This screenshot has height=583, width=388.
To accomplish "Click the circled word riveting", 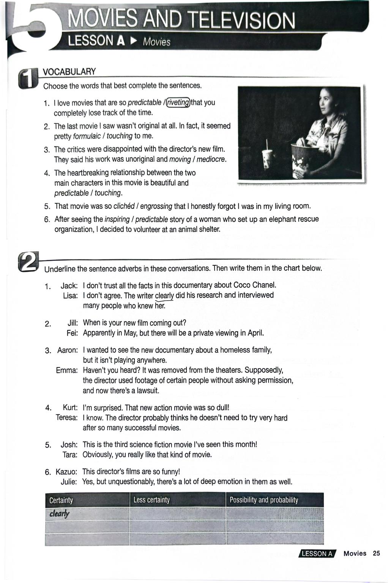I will pos(178,102).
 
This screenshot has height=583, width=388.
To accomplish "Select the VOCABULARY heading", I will pos(69,72).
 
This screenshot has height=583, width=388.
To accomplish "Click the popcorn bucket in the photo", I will pos(304,159).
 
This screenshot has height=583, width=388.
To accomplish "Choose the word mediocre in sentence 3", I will pos(211,159).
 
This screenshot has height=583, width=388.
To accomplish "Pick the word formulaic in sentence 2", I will pos(87,136).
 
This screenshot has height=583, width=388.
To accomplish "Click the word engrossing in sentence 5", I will pos(156,206).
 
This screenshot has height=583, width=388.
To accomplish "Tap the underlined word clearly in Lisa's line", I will pos(164,295).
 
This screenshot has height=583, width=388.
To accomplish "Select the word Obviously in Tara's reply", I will pos(98,454).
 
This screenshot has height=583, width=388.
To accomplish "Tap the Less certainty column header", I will pos(151,500).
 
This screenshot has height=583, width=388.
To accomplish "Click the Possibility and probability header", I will pos(263,500).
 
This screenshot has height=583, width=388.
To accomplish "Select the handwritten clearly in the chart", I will pos(59,514).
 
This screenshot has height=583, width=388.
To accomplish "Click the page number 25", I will pos(376,553).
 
